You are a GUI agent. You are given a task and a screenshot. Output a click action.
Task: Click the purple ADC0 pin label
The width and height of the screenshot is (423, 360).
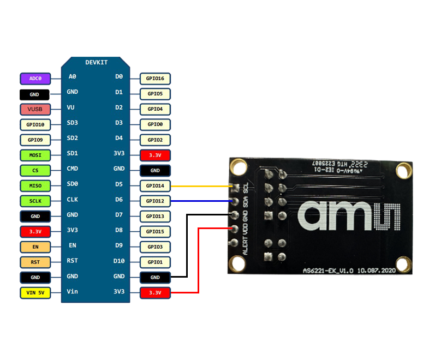click(35, 79)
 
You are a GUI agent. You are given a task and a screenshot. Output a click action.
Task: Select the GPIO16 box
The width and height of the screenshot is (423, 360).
click(155, 79)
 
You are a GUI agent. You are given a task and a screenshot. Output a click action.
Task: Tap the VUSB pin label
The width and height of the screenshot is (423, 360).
click(35, 109)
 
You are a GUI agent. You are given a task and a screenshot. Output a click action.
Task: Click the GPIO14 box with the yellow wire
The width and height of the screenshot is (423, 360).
click(155, 186)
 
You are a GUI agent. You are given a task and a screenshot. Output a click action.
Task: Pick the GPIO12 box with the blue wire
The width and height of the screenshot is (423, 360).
click(155, 201)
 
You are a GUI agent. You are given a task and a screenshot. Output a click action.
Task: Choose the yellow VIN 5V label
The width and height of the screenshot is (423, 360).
click(35, 293)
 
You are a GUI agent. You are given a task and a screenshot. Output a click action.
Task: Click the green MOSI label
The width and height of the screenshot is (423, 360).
click(35, 155)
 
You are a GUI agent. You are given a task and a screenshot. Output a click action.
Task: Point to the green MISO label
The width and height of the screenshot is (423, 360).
click(35, 186)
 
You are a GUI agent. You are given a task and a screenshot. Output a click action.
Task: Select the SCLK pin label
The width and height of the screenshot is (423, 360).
click(35, 201)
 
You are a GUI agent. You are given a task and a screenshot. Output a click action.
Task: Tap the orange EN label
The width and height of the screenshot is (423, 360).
click(35, 247)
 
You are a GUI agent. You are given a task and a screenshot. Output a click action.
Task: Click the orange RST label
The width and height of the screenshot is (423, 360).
click(35, 262)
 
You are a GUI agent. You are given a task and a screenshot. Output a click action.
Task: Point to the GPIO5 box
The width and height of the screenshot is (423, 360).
click(155, 94)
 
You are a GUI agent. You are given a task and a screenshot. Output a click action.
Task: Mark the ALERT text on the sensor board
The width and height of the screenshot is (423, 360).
click(245, 246)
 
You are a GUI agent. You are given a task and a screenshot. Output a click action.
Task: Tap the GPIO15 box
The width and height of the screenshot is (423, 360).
click(155, 232)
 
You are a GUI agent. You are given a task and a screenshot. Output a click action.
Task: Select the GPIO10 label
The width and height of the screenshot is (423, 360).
click(35, 124)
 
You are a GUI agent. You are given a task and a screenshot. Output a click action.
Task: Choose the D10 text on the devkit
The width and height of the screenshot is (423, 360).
click(119, 261)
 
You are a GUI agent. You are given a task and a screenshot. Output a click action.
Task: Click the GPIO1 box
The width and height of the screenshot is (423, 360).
click(155, 262)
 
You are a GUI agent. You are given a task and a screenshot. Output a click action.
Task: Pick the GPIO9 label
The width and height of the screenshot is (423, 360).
click(35, 140)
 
